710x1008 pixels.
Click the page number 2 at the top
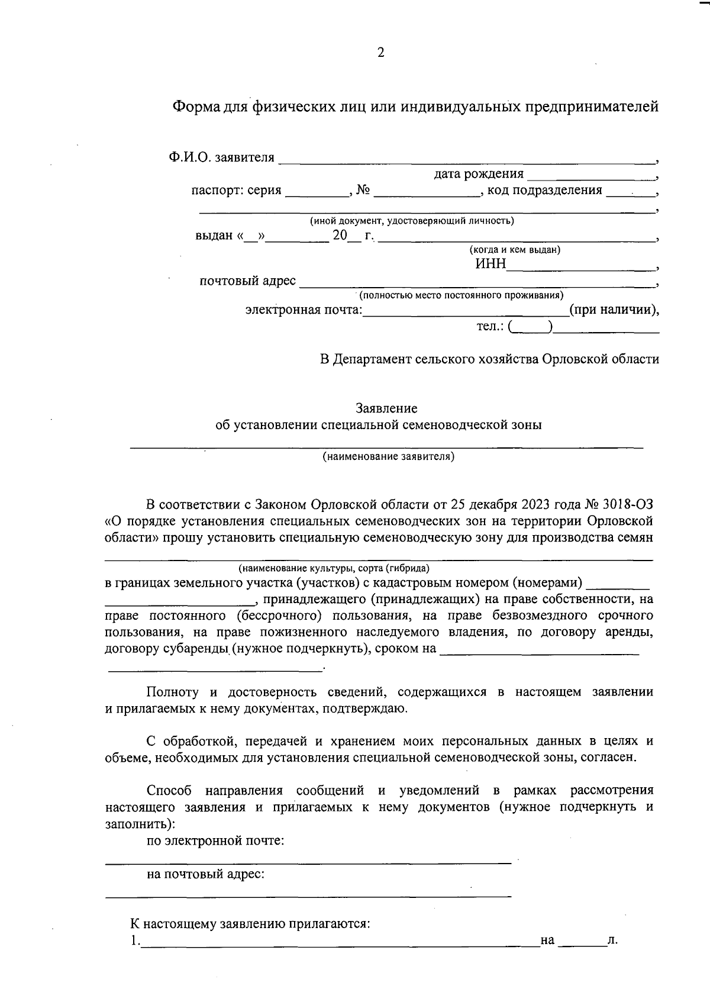pyautogui.click(x=380, y=53)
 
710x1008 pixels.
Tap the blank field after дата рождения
pyautogui.click(x=590, y=175)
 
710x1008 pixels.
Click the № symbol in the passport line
pyautogui.click(x=363, y=191)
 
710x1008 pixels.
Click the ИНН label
pyautogui.click(x=490, y=264)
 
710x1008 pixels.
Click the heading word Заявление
pyautogui.click(x=386, y=408)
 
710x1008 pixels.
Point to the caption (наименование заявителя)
pyautogui.click(x=388, y=456)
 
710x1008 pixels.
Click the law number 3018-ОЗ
pyautogui.click(x=628, y=505)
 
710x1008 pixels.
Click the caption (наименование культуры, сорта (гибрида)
pyautogui.click(x=334, y=568)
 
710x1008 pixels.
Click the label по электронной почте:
pyautogui.click(x=215, y=840)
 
